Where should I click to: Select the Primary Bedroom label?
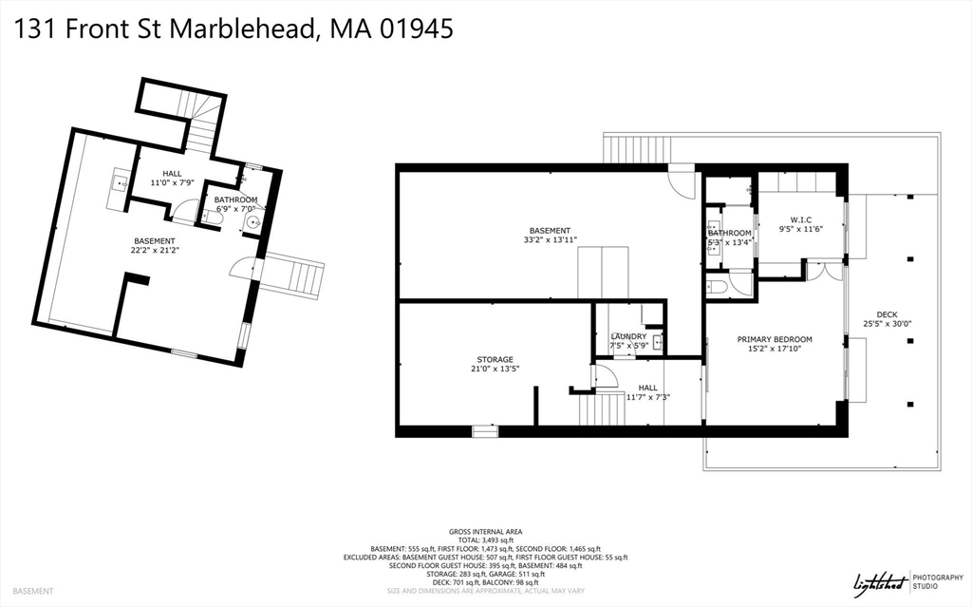pyautogui.click(x=775, y=339)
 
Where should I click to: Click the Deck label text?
pyautogui.click(x=887, y=314)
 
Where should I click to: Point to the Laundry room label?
pyautogui.click(x=628, y=336)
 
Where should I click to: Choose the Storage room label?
pyautogui.click(x=495, y=360)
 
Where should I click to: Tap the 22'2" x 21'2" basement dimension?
pyautogui.click(x=155, y=251)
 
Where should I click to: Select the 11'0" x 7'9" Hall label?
pyautogui.click(x=172, y=182)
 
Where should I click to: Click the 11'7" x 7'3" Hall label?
pyautogui.click(x=647, y=397)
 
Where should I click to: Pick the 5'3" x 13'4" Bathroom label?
pyautogui.click(x=729, y=242)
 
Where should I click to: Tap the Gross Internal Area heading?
pyautogui.click(x=485, y=531)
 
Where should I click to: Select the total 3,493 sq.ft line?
pyautogui.click(x=485, y=540)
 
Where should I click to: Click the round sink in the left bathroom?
pyautogui.click(x=252, y=223)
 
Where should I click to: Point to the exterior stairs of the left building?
pyautogui.click(x=293, y=275)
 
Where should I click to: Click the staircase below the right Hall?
pyautogui.click(x=597, y=410)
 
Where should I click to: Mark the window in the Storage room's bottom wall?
pyautogui.click(x=485, y=431)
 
